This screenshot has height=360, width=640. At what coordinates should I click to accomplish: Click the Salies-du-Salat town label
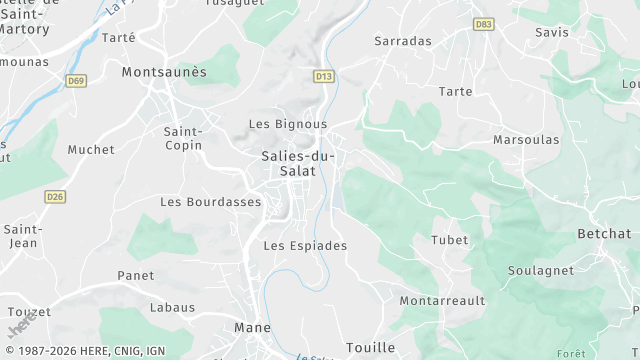point(301,163)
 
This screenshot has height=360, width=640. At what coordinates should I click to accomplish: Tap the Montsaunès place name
point(163,72)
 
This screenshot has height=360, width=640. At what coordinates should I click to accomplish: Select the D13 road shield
point(323,75)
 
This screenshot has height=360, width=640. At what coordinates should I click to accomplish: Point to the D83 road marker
point(484,24)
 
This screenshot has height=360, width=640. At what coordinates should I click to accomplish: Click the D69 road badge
point(76,80)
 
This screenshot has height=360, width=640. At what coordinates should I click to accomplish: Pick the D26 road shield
point(54,197)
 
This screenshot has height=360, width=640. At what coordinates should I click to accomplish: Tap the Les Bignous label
point(287,124)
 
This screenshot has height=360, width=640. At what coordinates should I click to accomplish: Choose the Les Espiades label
point(304,245)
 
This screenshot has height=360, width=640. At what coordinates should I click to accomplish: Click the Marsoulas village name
point(526,140)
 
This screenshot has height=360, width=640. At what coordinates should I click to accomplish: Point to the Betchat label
point(604,234)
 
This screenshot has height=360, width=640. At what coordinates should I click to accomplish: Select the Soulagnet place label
point(540,271)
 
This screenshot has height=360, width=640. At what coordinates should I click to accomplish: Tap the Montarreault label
point(442,300)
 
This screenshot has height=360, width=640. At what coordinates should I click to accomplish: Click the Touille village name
point(370,347)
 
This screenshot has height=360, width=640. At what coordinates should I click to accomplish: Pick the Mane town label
point(252,327)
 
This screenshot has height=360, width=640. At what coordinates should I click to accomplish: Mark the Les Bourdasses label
point(210,202)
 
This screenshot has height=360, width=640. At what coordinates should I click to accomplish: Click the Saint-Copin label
point(183,138)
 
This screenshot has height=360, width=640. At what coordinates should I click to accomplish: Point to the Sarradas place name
point(402,41)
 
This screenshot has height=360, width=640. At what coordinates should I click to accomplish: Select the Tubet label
point(449,240)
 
